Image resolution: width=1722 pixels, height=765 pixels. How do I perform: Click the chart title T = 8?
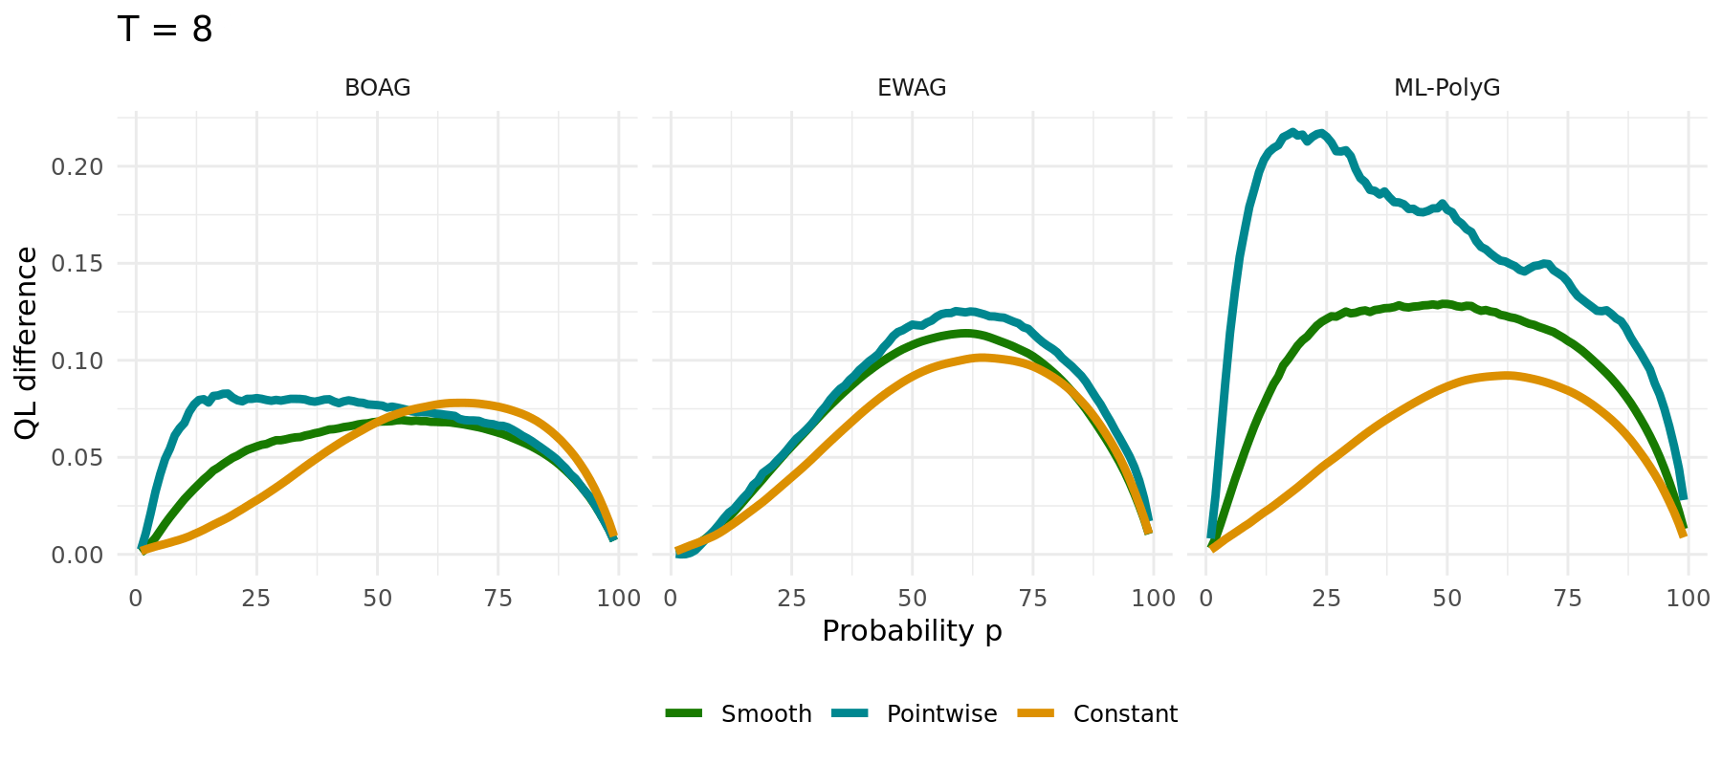(x=165, y=30)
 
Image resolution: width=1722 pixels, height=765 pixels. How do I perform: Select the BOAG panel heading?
(x=377, y=88)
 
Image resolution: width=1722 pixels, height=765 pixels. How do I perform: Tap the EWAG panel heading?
(x=912, y=88)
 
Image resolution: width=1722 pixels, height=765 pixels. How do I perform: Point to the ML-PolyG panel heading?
(x=1446, y=88)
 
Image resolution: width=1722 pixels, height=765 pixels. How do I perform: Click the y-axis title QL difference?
(x=27, y=342)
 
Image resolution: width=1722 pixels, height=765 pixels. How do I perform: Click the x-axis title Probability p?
(x=912, y=631)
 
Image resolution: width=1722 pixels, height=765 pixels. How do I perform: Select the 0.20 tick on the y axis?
(x=76, y=167)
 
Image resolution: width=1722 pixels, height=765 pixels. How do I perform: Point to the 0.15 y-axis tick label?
(x=76, y=264)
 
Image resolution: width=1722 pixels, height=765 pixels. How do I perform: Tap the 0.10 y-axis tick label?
(x=76, y=361)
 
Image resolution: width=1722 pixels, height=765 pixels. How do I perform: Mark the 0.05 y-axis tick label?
(x=76, y=458)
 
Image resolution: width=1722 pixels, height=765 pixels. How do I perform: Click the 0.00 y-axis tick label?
(x=76, y=555)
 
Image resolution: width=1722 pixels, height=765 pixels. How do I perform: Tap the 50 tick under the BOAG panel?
(x=377, y=599)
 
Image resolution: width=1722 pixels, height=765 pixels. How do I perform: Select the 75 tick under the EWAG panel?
(x=1033, y=599)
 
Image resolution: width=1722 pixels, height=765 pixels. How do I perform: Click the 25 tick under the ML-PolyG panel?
(x=1326, y=599)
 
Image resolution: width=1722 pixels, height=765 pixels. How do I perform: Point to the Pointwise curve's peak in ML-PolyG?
(x=1292, y=132)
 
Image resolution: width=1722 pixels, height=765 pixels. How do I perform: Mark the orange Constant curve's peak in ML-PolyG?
(x=1507, y=375)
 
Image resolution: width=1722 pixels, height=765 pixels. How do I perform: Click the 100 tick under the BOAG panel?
(x=618, y=599)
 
